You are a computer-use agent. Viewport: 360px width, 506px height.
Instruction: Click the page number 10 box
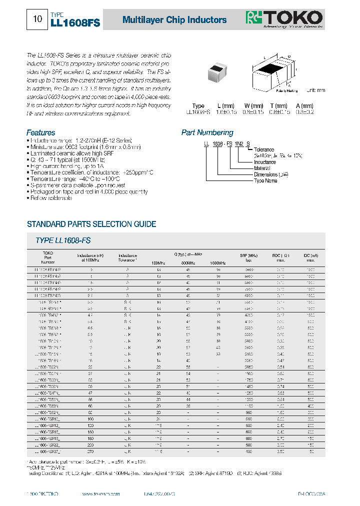coord(37,19)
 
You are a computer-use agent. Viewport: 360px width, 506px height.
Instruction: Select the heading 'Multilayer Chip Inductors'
coord(174,20)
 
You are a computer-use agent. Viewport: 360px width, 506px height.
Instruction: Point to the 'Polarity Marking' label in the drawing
coord(286,90)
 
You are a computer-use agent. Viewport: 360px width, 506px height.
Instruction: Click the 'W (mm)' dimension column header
coord(253,106)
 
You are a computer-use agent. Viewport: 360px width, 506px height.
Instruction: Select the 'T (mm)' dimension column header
coord(278,106)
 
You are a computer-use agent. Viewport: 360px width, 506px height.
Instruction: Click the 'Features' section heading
coord(40,132)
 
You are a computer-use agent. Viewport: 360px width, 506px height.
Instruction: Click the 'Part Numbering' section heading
coord(207,132)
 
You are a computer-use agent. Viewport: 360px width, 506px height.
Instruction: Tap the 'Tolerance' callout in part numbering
coord(263,149)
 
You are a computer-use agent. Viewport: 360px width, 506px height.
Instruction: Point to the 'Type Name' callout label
coord(265,180)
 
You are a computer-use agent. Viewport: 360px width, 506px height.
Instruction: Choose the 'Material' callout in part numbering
coord(262,168)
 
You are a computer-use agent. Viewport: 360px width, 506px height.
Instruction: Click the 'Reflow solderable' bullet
coord(50,198)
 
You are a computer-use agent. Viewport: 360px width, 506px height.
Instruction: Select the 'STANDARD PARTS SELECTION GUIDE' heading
coord(91,224)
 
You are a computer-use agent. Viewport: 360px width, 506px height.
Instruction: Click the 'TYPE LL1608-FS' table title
coord(63,240)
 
